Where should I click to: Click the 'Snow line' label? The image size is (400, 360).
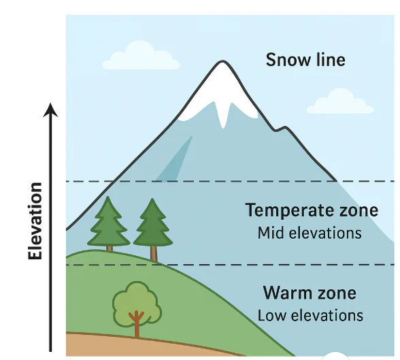pos(305,60)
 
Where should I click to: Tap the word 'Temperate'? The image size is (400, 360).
pos(290,210)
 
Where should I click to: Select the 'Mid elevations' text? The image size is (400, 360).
pos(310,233)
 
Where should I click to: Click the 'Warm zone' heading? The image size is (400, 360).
pos(310,293)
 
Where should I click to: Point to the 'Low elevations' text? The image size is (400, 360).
pos(310,315)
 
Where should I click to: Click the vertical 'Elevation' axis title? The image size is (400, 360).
pos(35,221)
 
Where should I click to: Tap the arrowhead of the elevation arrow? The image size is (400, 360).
pos(50,110)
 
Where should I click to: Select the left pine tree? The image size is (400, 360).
pos(108,224)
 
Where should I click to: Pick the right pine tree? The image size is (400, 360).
pos(153,229)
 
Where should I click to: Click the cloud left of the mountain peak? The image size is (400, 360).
pos(141,55)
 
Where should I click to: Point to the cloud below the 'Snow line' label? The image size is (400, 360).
pos(340,101)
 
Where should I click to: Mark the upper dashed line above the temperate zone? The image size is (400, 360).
pos(230,182)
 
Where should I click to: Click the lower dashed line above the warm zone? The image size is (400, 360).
pos(230,265)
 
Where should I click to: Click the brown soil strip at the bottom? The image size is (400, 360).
pos(143,346)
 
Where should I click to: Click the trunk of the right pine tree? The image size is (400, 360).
pos(154,254)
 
